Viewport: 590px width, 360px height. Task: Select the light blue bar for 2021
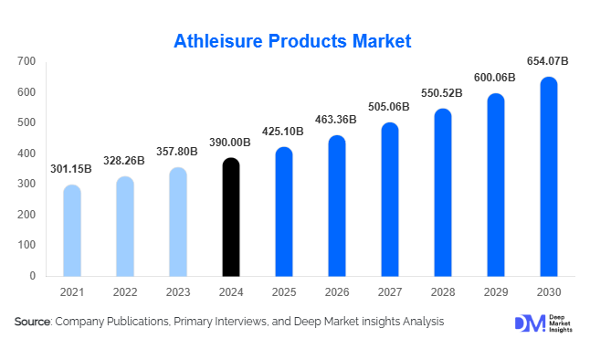click(72, 230)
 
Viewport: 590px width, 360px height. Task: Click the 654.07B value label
click(548, 61)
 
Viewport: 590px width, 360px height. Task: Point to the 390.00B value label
click(231, 143)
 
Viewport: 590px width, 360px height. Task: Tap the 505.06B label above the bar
click(390, 106)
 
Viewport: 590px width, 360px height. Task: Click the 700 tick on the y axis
click(26, 61)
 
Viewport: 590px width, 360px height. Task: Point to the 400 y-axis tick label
click(26, 154)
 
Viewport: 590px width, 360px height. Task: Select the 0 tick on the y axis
click(32, 275)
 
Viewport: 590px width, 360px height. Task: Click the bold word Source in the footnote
click(32, 322)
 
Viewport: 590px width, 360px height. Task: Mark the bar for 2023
click(178, 222)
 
